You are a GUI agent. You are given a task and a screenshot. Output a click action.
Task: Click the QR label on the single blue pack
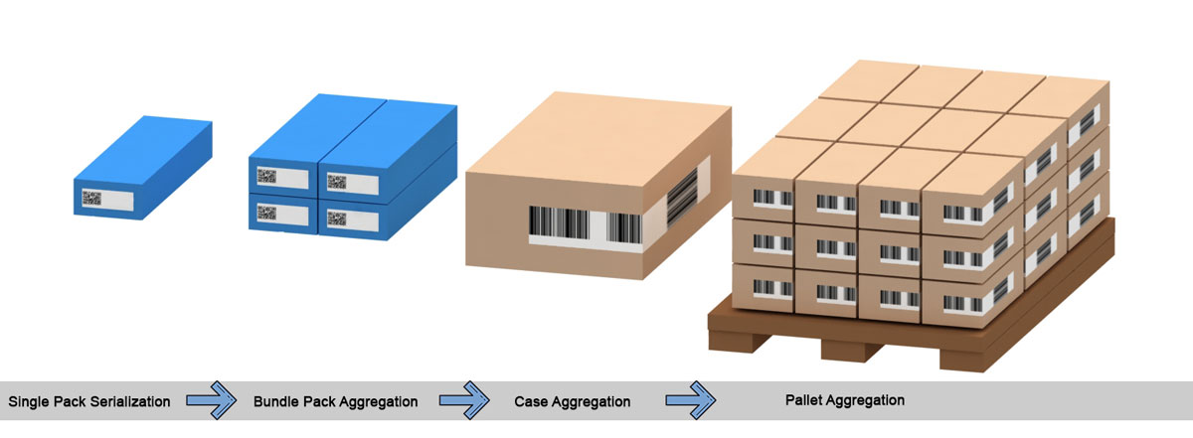[106, 199]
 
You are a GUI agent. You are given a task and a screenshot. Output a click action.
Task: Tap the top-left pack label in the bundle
[280, 179]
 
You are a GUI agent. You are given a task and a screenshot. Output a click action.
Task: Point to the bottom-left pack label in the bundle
[280, 212]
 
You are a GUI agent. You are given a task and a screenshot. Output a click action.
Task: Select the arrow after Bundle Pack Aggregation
[464, 401]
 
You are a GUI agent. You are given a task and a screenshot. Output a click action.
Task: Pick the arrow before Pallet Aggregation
[690, 401]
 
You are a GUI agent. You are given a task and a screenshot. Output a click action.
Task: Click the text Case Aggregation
[573, 402]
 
